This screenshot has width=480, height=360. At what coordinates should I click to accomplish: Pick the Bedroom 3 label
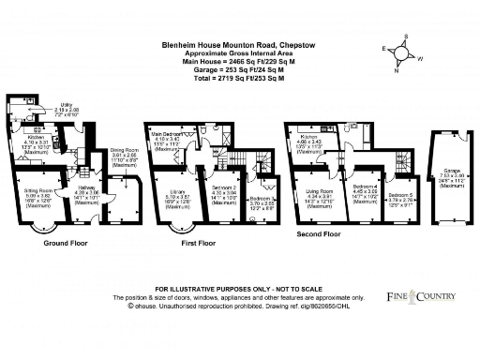(x=262, y=199)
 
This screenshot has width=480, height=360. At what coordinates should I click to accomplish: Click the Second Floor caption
(x=320, y=232)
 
